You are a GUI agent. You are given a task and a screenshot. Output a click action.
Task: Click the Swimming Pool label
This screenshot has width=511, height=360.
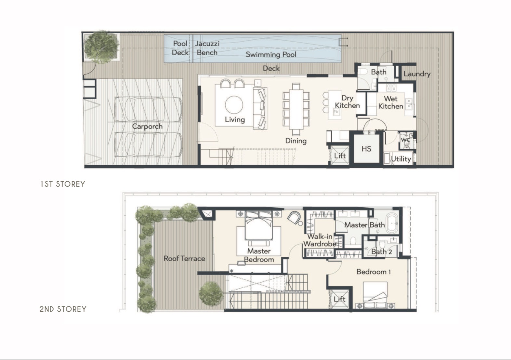click(271, 55)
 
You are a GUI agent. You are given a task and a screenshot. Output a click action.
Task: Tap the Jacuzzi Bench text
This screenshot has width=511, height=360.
click(207, 48)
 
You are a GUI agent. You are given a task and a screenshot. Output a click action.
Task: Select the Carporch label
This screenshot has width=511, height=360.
click(147, 126)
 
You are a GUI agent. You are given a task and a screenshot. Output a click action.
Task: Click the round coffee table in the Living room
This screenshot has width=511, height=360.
click(234, 105)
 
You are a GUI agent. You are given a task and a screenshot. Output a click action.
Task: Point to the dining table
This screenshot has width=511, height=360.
click(296, 110)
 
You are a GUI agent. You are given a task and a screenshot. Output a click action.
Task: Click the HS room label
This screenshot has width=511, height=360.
click(366, 149)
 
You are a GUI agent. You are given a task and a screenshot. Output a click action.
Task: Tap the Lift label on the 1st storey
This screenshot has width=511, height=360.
click(340, 156)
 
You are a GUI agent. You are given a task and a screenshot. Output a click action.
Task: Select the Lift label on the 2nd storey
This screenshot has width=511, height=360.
click(339, 299)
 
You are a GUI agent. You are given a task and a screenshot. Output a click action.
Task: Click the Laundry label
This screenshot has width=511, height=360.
click(417, 74)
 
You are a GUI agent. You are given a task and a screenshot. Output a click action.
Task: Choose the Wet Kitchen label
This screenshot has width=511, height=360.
click(390, 102)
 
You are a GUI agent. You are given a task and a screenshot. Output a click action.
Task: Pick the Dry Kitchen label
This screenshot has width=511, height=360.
click(347, 102)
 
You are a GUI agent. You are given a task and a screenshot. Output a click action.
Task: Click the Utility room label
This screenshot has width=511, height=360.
click(401, 159)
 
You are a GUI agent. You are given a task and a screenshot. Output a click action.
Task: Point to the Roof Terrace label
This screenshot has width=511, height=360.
click(184, 259)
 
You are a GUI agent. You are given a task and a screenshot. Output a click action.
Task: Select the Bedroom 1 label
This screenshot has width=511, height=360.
click(374, 272)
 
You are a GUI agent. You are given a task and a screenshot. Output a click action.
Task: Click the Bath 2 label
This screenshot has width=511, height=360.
click(381, 252)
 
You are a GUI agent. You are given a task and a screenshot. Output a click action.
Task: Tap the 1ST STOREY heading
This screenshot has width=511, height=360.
click(63, 184)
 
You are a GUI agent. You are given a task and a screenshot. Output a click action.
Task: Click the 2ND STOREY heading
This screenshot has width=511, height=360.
click(63, 309)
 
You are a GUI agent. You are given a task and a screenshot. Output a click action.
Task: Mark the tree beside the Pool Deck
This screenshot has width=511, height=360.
click(101, 47)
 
